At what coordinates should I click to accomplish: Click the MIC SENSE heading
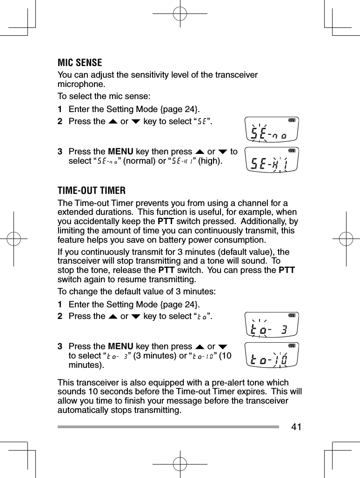tap(80, 63)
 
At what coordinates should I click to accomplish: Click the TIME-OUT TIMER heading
tap(92, 191)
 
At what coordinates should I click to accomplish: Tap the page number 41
tap(296, 427)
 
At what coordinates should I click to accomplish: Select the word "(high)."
tap(210, 161)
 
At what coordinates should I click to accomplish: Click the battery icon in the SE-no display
tap(292, 120)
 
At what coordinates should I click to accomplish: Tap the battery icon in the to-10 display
tap(292, 346)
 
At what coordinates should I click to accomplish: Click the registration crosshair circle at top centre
tap(180, 14)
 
